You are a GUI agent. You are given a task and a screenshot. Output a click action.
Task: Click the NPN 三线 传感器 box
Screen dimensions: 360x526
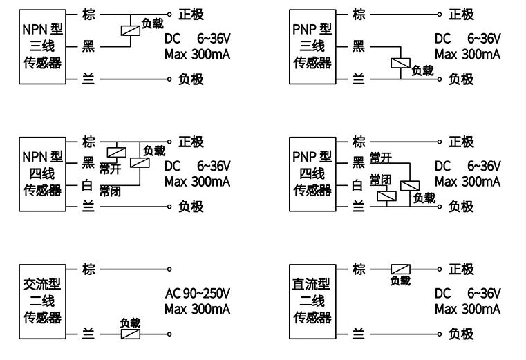click(x=43, y=46)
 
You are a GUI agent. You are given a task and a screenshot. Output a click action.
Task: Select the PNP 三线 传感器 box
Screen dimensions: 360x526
click(x=312, y=46)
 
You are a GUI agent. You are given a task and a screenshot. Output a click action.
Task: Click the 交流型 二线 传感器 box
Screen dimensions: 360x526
click(x=43, y=301)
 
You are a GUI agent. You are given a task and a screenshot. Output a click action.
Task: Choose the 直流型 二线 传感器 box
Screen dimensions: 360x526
click(x=312, y=301)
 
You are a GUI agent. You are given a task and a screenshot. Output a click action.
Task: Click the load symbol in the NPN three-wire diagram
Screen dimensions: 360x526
click(x=129, y=30)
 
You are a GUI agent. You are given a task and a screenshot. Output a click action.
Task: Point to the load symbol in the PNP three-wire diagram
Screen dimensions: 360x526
click(x=400, y=64)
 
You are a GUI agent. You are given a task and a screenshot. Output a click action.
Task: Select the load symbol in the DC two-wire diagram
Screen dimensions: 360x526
click(x=400, y=269)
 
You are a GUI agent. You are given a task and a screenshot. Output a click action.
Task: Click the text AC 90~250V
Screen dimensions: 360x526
click(x=197, y=292)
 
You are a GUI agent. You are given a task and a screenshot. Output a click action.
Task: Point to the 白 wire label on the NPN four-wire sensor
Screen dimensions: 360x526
click(x=88, y=184)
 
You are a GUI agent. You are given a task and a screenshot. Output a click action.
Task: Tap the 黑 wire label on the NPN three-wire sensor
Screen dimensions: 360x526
click(x=88, y=46)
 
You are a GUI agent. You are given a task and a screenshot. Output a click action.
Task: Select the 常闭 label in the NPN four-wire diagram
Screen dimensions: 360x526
click(x=110, y=191)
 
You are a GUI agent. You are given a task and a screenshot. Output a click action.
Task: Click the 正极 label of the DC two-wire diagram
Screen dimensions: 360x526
click(x=461, y=269)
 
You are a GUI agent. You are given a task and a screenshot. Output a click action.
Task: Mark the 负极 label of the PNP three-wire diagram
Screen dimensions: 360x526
click(x=461, y=79)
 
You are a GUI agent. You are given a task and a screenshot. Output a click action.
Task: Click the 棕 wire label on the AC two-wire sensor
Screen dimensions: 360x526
click(x=88, y=269)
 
